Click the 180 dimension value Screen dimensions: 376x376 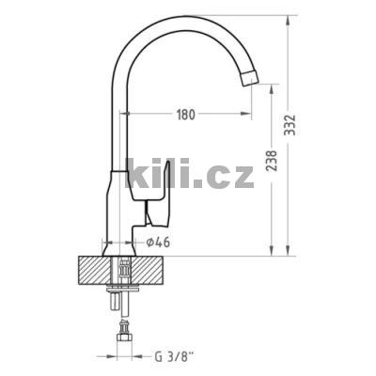point(186,115)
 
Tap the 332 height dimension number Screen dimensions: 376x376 point(290,125)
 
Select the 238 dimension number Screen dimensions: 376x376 point(272,161)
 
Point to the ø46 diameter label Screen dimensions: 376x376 point(158,243)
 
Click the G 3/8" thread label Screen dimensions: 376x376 point(174,356)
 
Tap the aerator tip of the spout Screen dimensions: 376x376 point(250,77)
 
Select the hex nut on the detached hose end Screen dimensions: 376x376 point(125,338)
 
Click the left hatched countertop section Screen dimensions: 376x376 point(95,271)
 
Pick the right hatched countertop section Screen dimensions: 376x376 point(148,271)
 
